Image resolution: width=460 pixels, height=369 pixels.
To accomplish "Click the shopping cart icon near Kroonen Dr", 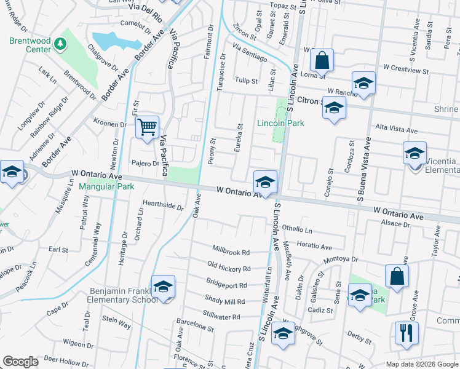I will click(147, 127).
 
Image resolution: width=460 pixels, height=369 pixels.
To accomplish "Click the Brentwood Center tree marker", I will click(60, 44).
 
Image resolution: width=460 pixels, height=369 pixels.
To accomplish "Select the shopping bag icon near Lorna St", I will click(322, 60).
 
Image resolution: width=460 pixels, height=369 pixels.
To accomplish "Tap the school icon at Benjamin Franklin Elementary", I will click(164, 287).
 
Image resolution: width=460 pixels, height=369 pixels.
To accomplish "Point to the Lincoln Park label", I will click(280, 123).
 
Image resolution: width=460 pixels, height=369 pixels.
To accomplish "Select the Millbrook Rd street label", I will click(231, 252).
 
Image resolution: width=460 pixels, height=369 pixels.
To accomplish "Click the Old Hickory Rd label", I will click(229, 269).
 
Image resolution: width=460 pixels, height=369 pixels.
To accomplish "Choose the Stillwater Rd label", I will click(224, 317).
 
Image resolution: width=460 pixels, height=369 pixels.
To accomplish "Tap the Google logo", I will click(20, 361).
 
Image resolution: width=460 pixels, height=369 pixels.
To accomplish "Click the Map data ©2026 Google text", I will click(422, 364).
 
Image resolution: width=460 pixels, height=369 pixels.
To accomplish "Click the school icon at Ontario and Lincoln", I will click(265, 183).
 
